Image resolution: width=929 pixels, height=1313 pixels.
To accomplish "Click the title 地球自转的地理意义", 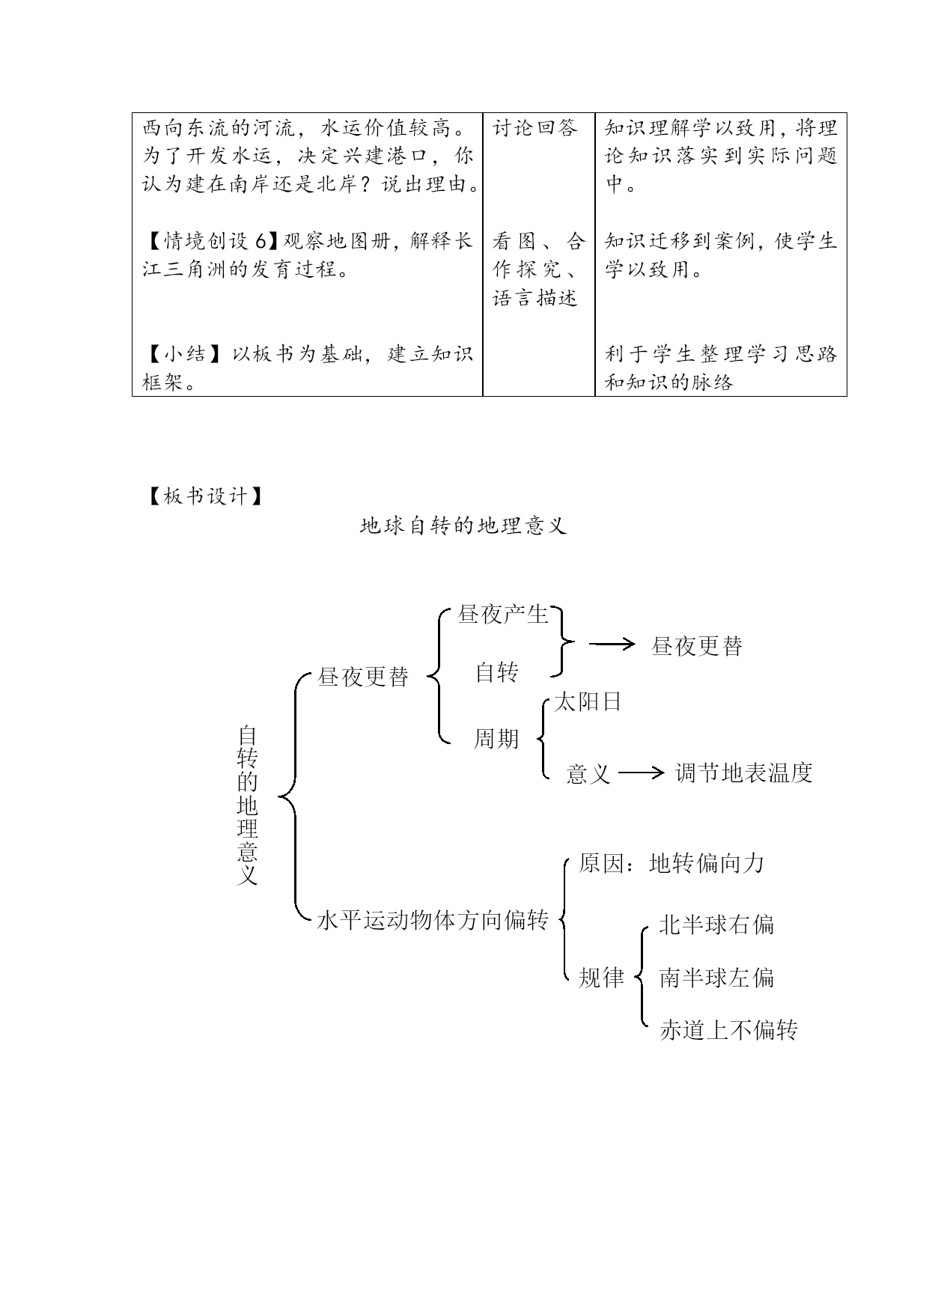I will click(463, 526).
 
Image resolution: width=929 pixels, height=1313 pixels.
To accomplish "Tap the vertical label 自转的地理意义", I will click(247, 805).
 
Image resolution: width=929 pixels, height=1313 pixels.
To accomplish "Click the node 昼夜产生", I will click(503, 615).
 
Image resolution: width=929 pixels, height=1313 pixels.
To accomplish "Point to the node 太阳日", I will click(588, 702).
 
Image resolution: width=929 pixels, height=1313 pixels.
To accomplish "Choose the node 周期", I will click(496, 739).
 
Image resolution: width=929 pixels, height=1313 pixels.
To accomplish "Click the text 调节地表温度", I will click(743, 773).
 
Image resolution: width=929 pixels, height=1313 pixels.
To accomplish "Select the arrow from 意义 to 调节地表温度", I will click(642, 773).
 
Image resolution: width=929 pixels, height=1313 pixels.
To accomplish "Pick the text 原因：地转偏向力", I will click(671, 864).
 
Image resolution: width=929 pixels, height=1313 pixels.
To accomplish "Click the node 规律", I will click(601, 978).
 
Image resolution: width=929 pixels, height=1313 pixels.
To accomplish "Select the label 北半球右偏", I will click(716, 925).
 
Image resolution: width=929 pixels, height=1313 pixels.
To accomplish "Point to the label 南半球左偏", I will click(716, 978).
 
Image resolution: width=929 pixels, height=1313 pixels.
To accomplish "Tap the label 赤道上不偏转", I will click(728, 1031).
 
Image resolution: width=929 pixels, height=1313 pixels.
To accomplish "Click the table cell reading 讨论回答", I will click(535, 128).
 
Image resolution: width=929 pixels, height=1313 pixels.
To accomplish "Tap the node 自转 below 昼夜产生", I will click(496, 672).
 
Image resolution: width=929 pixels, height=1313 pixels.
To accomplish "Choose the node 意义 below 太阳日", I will click(588, 773).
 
